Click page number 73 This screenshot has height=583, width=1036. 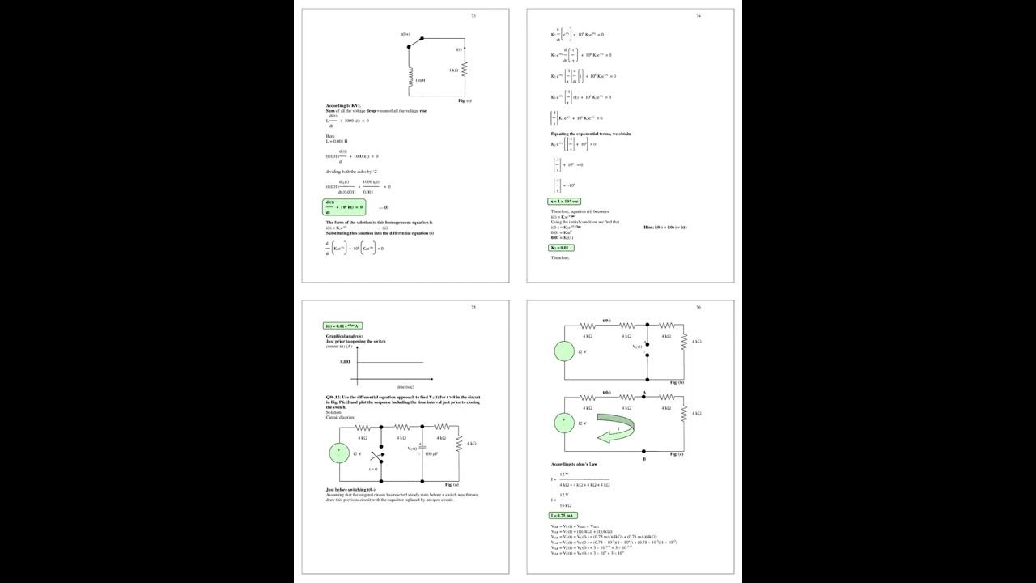[473, 15]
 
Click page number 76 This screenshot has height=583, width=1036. [698, 308]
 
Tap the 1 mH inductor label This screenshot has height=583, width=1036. [421, 80]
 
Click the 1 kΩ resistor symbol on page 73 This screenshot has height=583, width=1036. [465, 71]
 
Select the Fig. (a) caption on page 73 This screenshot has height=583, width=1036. [464, 100]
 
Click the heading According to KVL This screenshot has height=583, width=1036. [343, 105]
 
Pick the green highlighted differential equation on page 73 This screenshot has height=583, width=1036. [343, 207]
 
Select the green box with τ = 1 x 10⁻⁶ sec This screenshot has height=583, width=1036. [564, 201]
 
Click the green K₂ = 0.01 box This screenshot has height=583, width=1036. [560, 248]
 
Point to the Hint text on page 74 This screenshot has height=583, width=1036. [664, 228]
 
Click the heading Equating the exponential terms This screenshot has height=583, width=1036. [590, 133]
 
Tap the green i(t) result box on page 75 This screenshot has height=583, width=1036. [343, 326]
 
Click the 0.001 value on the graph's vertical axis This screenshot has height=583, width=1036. [346, 362]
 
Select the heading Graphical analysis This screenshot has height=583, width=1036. [344, 335]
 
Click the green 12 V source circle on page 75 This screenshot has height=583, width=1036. [340, 454]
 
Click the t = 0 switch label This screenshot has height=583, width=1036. [373, 469]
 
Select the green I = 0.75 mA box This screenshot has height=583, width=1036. [563, 516]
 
